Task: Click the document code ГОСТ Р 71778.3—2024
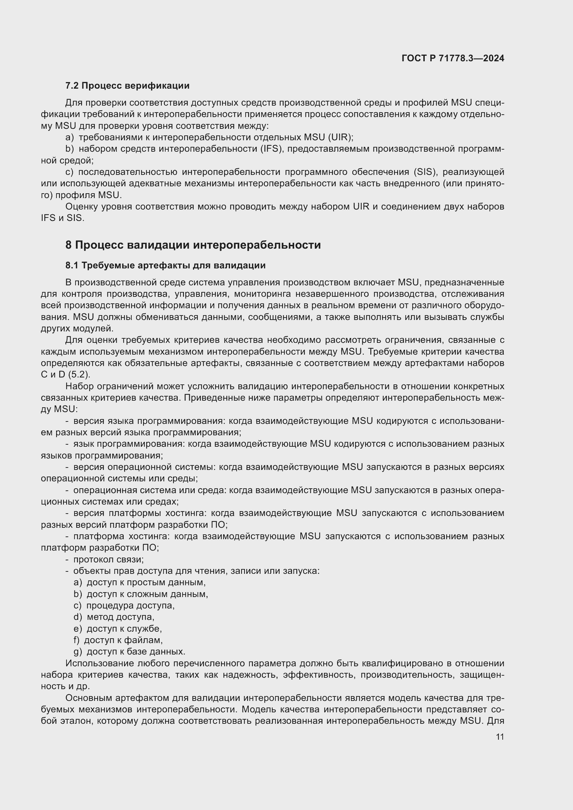click(x=453, y=58)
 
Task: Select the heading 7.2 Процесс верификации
click(x=127, y=86)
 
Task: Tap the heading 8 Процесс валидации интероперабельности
click(x=193, y=245)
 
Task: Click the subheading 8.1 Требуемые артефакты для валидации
click(x=165, y=265)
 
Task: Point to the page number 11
click(x=500, y=737)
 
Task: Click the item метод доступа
click(x=120, y=617)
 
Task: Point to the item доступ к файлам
click(x=123, y=640)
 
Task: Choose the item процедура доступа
click(x=130, y=605)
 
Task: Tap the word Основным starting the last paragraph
click(x=88, y=698)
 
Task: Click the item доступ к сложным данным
click(x=147, y=594)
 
